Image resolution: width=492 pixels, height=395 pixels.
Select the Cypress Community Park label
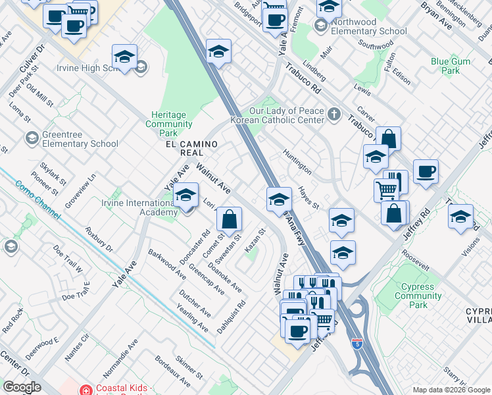[418, 296]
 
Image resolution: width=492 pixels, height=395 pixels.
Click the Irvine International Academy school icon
[187, 195]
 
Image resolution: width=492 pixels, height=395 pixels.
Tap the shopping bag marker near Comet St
[229, 219]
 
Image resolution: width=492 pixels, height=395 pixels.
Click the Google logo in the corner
[22, 387]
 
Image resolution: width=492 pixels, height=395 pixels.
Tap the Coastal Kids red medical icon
[86, 390]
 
